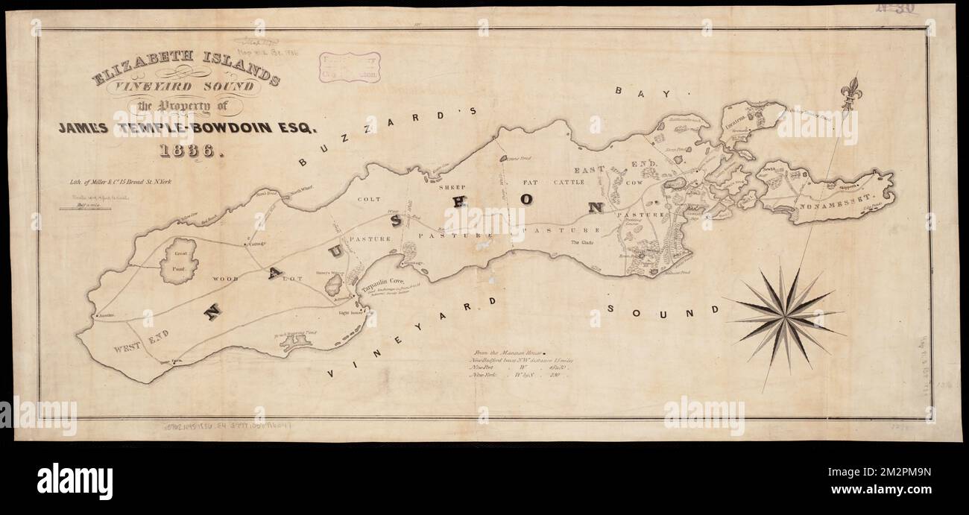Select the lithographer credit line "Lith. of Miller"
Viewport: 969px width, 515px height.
119,182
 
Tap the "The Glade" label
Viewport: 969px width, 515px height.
585,243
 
